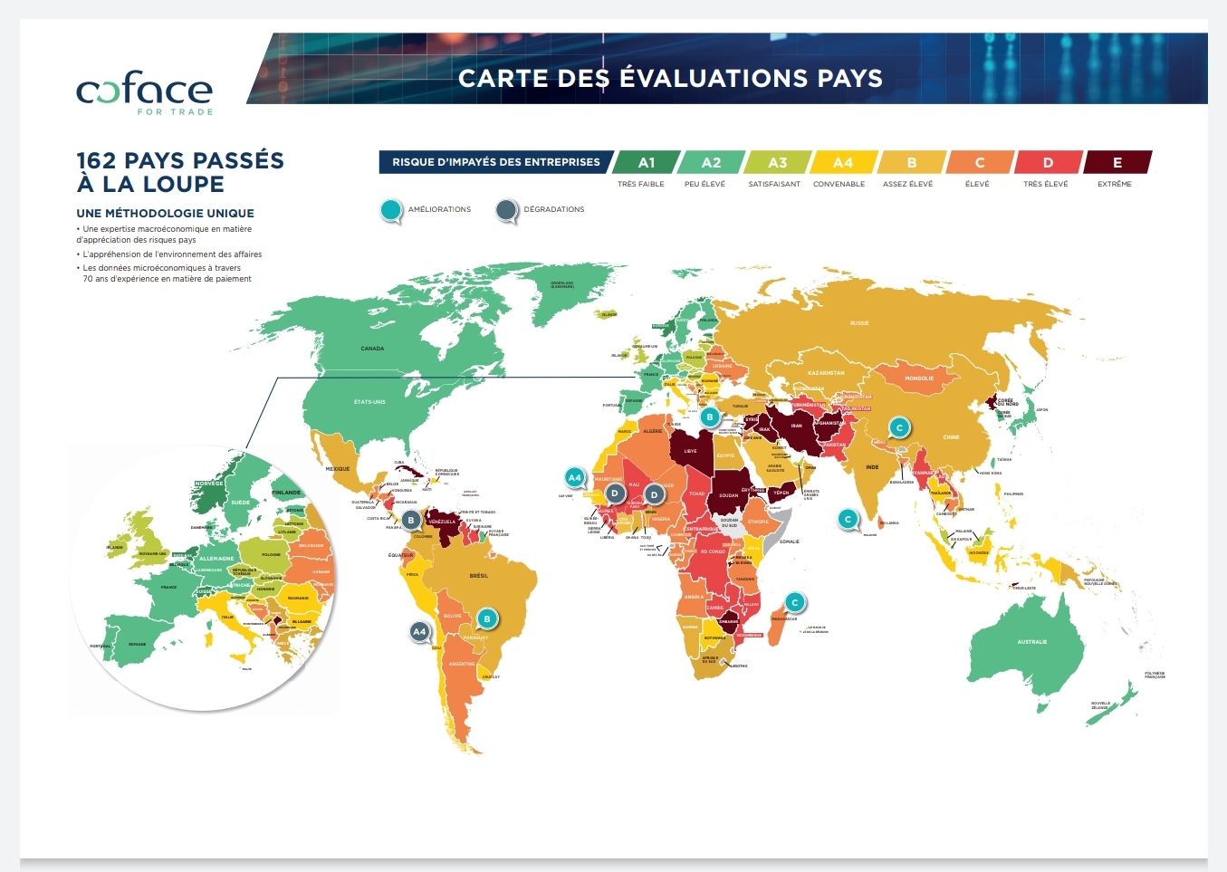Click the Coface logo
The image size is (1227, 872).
(x=145, y=92)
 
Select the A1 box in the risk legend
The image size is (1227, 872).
(x=646, y=162)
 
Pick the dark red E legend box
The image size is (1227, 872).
(x=1117, y=162)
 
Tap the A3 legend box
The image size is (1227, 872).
(x=777, y=162)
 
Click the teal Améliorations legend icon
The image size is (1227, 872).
(x=391, y=210)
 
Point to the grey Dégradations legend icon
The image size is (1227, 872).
(x=506, y=210)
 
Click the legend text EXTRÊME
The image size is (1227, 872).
(x=1114, y=184)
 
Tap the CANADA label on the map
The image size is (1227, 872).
(x=372, y=349)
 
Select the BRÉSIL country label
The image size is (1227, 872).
(x=479, y=576)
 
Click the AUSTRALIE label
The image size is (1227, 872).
(x=1031, y=642)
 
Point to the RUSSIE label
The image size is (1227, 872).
(x=859, y=323)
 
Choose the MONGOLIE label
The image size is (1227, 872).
(x=919, y=379)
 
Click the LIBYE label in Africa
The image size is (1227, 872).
(x=691, y=451)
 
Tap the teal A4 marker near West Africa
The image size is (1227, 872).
(x=574, y=477)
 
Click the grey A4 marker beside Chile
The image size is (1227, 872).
(x=418, y=631)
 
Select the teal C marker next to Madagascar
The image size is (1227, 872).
(x=794, y=602)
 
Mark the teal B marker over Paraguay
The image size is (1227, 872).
(x=487, y=619)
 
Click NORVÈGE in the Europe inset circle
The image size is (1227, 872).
(x=209, y=484)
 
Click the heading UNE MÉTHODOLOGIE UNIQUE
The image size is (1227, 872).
(x=165, y=214)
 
